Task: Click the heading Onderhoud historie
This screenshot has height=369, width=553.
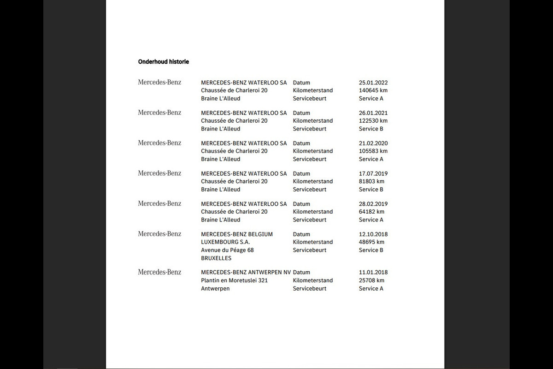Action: pyautogui.click(x=163, y=62)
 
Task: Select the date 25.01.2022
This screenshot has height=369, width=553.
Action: pyautogui.click(x=373, y=83)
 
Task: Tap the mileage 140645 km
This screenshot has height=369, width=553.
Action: pyautogui.click(x=373, y=90)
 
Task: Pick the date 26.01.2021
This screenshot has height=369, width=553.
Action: pyautogui.click(x=373, y=113)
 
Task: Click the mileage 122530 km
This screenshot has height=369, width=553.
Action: pyautogui.click(x=373, y=121)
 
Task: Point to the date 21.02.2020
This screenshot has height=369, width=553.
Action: pyautogui.click(x=373, y=143)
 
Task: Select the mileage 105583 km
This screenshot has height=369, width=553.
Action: pyautogui.click(x=373, y=151)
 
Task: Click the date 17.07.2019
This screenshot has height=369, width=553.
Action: pyautogui.click(x=373, y=174)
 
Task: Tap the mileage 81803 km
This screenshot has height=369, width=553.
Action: pyautogui.click(x=371, y=182)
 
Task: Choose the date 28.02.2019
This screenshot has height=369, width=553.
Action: pyautogui.click(x=373, y=204)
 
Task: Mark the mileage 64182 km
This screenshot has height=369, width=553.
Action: pyautogui.click(x=371, y=212)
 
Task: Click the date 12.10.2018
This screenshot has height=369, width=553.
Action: pyautogui.click(x=373, y=234)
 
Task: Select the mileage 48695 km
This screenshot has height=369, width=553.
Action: pyautogui.click(x=371, y=242)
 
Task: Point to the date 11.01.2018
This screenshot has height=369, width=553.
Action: pyautogui.click(x=373, y=272)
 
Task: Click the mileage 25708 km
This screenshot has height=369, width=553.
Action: pyautogui.click(x=371, y=280)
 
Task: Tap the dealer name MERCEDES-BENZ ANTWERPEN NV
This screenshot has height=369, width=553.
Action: pyautogui.click(x=246, y=272)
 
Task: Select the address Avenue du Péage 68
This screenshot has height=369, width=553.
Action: pyautogui.click(x=227, y=250)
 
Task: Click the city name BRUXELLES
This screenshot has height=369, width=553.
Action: pyautogui.click(x=216, y=258)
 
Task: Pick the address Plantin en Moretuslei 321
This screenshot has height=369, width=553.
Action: pyautogui.click(x=234, y=280)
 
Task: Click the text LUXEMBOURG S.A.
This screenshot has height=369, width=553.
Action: pyautogui.click(x=225, y=242)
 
